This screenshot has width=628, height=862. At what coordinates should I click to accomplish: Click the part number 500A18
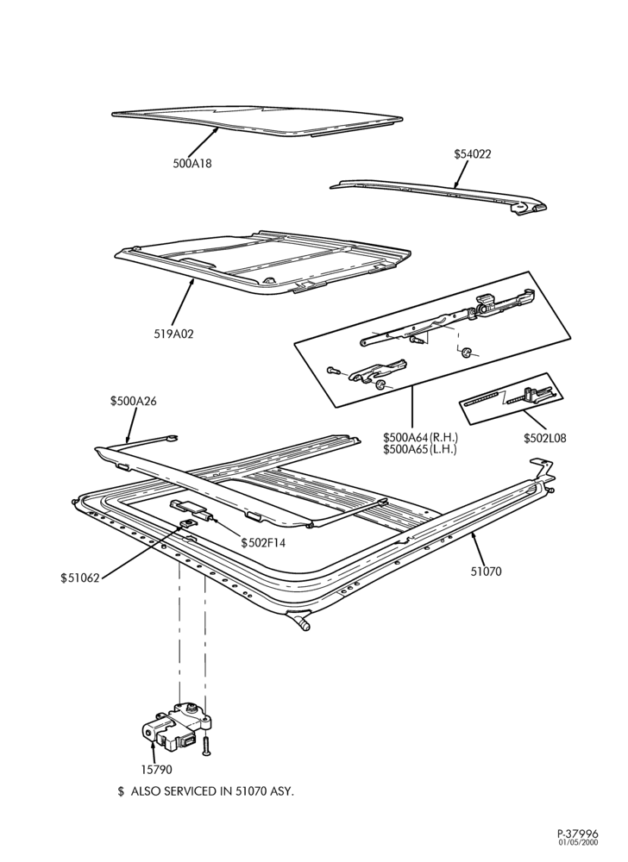192,163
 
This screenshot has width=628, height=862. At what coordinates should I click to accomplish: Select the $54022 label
473,154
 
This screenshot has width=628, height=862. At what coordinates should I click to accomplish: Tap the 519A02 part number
173,334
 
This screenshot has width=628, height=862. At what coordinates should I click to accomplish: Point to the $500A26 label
133,402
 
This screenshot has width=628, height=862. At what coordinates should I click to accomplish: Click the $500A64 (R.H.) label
421,438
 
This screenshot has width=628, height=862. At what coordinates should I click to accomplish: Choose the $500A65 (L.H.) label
420,449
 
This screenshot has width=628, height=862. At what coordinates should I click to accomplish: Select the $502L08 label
544,438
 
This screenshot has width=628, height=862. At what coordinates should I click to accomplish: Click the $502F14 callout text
263,543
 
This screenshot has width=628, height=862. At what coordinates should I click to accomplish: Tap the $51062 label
80,578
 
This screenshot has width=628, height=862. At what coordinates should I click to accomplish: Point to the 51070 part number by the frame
487,572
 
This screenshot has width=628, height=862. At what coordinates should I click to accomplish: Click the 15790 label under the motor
156,770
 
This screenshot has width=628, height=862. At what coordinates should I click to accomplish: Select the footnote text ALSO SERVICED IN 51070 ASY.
212,791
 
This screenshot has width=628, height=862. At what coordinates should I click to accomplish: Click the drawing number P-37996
577,834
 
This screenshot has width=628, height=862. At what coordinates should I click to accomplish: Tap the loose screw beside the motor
206,746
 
